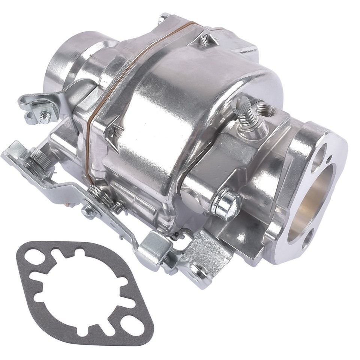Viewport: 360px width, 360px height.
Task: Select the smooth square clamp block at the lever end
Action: (x=155, y=247)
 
